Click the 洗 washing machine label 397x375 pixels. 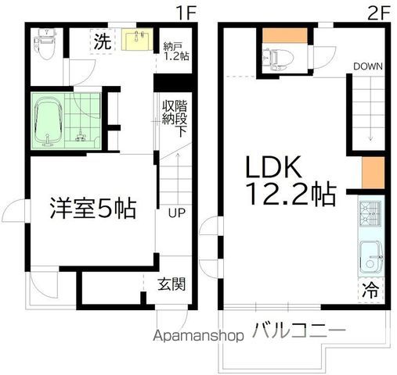pos(103,42)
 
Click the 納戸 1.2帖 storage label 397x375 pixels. pos(175,49)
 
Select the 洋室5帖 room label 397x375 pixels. pos(92,208)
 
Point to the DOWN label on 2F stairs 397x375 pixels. pos(366,66)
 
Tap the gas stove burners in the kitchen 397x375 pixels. pos(369,212)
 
